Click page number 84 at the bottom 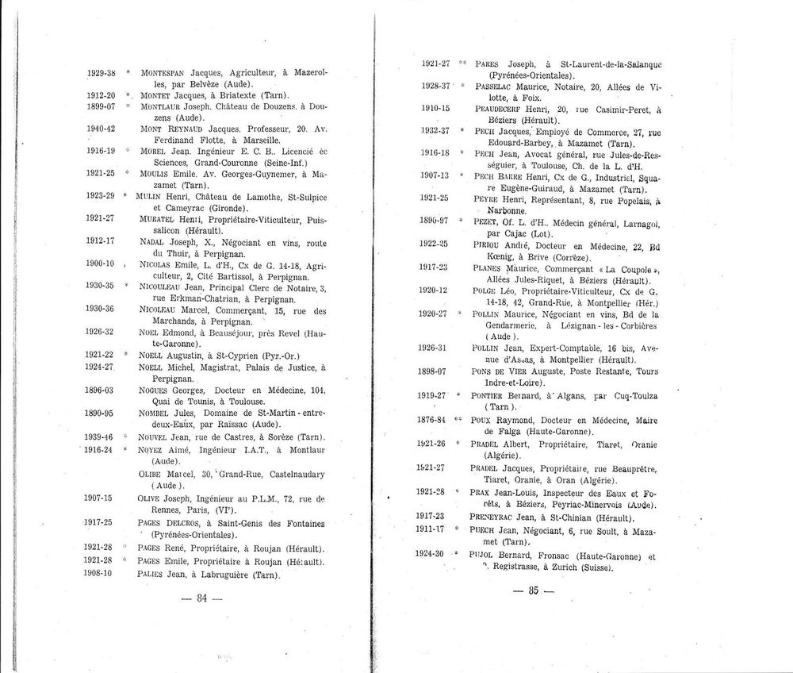(x=201, y=599)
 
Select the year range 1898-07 (x=433, y=370)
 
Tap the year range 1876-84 (x=433, y=417)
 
